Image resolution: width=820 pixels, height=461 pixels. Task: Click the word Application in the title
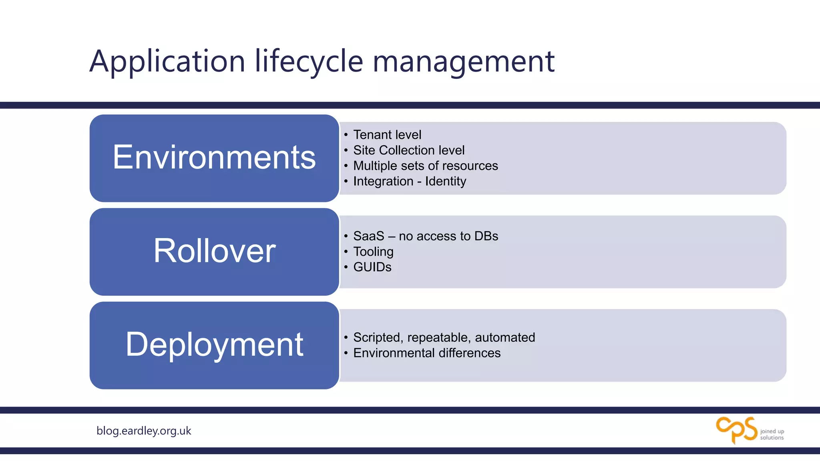pyautogui.click(x=167, y=61)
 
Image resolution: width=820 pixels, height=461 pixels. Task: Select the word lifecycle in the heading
pyautogui.click(x=309, y=61)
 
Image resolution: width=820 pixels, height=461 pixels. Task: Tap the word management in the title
pyautogui.click(x=463, y=61)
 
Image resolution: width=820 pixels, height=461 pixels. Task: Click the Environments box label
pyautogui.click(x=214, y=157)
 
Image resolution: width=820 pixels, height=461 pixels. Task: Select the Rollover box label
pyautogui.click(x=214, y=251)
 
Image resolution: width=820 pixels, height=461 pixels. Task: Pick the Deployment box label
pyautogui.click(x=214, y=345)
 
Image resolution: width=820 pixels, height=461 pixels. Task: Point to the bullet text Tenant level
pyautogui.click(x=387, y=135)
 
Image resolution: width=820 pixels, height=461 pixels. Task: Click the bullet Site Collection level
pyautogui.click(x=408, y=150)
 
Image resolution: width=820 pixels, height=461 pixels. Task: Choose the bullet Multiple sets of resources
pyautogui.click(x=425, y=166)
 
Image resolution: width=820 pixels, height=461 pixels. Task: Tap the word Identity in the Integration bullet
pyautogui.click(x=445, y=181)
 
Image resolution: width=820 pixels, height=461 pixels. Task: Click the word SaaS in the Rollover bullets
pyautogui.click(x=368, y=236)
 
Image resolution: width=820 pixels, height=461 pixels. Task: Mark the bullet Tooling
pyautogui.click(x=373, y=252)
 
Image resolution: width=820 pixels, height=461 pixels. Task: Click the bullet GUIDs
pyautogui.click(x=372, y=267)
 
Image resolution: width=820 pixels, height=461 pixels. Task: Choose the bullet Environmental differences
pyautogui.click(x=426, y=353)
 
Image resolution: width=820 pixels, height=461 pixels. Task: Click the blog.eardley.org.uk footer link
pyautogui.click(x=144, y=431)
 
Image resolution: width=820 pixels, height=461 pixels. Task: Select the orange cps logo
pyautogui.click(x=736, y=430)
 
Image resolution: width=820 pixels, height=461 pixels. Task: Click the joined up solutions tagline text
pyautogui.click(x=772, y=434)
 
